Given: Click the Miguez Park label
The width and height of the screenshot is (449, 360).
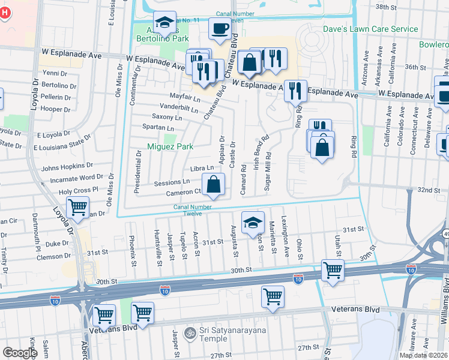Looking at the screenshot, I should pos(171,146).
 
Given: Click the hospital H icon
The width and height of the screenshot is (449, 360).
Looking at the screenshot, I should pos(5,13).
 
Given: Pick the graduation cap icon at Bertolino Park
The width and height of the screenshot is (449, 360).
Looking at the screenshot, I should pos(164,23).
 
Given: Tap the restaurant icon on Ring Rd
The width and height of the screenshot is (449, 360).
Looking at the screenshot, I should pos(295,91).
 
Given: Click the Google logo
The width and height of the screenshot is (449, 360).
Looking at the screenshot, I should pos(20,353).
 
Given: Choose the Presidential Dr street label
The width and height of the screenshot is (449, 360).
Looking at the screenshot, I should pos(137,172).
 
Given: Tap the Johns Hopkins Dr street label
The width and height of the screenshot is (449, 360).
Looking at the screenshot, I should pos(67,165).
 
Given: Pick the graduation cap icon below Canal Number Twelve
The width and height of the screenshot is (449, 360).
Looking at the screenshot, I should pos(253,222).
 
